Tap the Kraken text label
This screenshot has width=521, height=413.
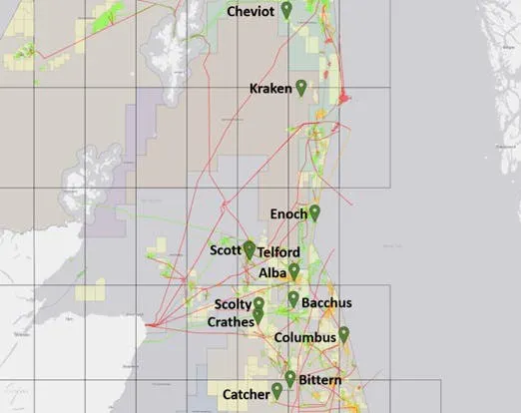coord(269,89)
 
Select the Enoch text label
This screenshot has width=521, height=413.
coord(288,213)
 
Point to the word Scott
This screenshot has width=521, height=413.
coord(226,250)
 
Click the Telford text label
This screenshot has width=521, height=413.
coord(278,253)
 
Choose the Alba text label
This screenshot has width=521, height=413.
coord(272,271)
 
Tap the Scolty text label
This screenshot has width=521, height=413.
coord(233,304)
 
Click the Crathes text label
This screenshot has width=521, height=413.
coord(231,322)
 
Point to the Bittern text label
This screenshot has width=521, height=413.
coord(319,381)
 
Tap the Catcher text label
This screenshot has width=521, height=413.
coord(246,394)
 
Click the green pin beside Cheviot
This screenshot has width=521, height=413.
coord(286,10)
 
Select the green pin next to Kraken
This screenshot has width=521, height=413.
coord(300,88)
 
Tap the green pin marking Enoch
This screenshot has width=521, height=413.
coord(314,211)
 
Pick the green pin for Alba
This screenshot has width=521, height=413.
coord(293,270)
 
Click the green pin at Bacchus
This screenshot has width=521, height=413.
coord(293,298)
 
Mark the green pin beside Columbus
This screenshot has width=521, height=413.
coord(343,334)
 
